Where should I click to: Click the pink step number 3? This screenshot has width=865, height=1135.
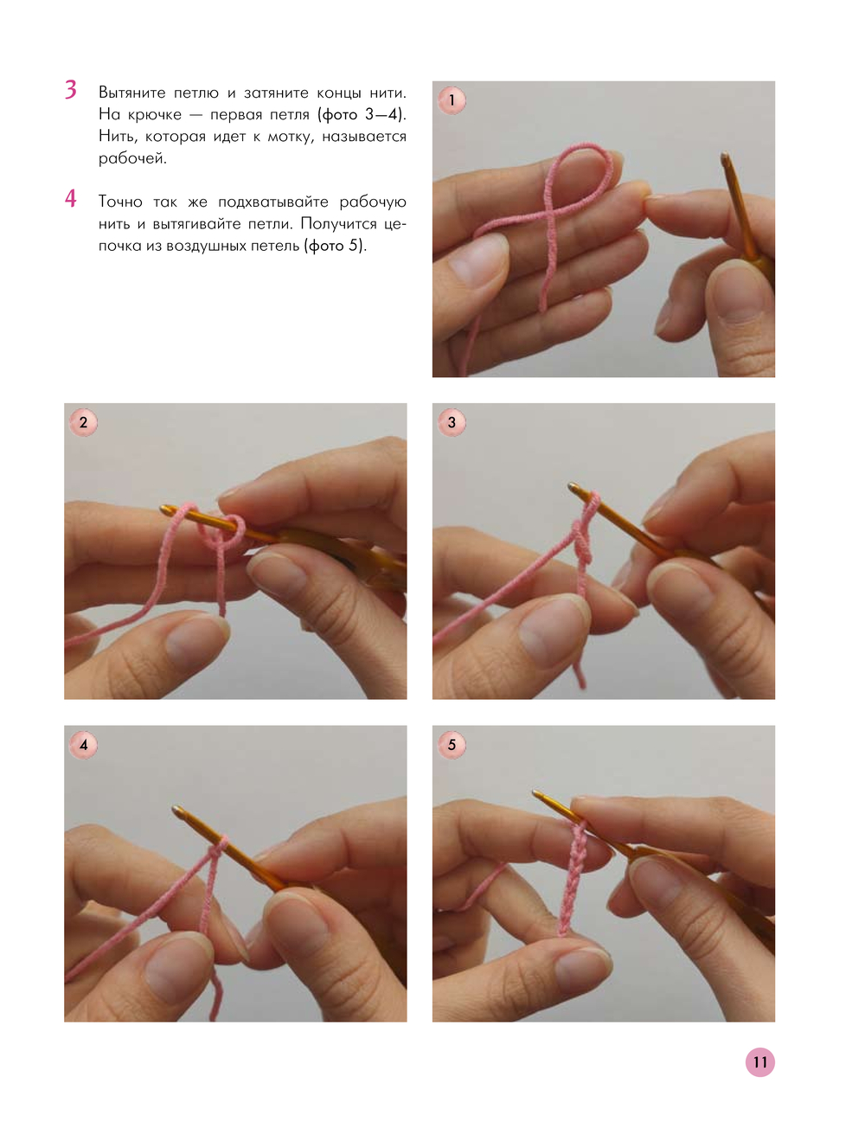[x=71, y=89]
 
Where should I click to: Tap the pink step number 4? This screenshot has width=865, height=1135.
[x=71, y=199]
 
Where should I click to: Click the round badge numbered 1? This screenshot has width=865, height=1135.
[x=452, y=100]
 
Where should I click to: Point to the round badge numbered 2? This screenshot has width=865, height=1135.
[x=83, y=422]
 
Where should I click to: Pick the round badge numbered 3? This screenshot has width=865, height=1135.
[x=452, y=422]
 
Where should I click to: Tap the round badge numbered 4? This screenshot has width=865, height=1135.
[x=83, y=745]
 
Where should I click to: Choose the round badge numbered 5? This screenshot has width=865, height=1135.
[x=452, y=745]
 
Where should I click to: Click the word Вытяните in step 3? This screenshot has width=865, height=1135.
[x=131, y=93]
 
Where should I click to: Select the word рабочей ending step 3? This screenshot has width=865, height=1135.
[x=132, y=159]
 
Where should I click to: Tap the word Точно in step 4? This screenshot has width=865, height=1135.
[x=120, y=202]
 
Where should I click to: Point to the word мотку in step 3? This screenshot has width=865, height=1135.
[x=290, y=138]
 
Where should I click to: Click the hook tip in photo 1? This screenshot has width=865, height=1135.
[x=725, y=156]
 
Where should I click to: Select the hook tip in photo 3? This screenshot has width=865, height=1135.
[x=573, y=486]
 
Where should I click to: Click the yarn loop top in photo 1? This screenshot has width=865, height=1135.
[x=584, y=147]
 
